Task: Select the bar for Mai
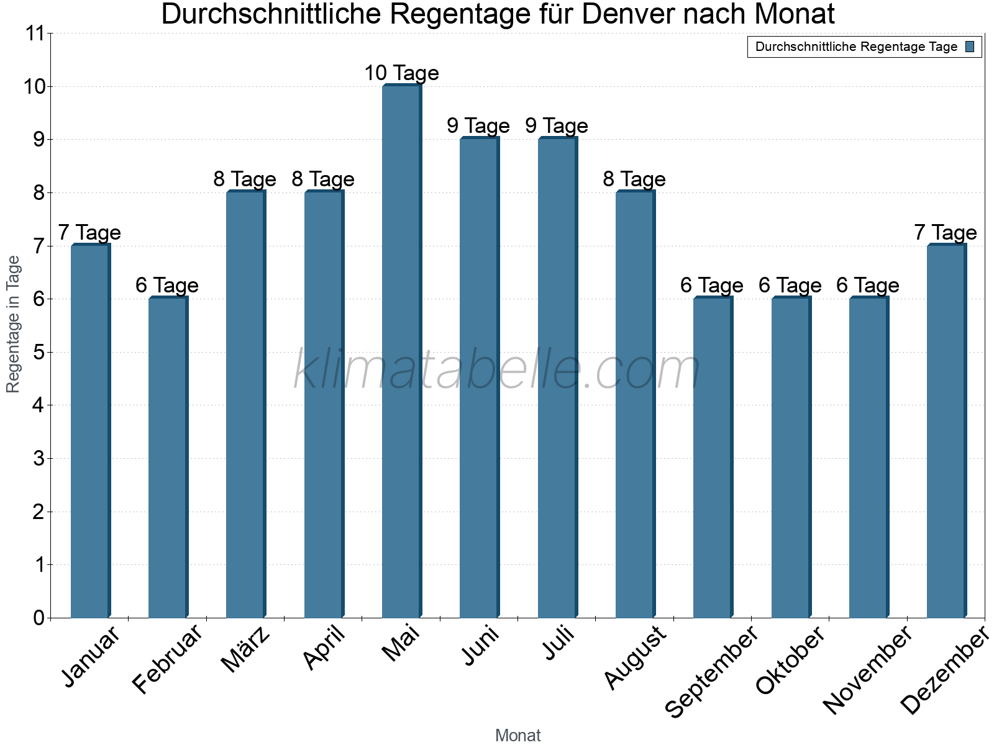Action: pos(401,351)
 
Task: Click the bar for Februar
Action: pos(168,458)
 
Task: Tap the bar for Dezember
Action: pos(946,431)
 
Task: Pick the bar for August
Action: pos(635,404)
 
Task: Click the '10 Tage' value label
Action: pos(401,73)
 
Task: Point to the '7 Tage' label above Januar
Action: pos(89,233)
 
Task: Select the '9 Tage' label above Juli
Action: pos(557,126)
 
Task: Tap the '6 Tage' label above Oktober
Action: pos(790,286)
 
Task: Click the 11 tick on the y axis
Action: pos(35,34)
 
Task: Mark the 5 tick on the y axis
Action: pos(39,353)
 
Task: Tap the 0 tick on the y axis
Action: pos(39,618)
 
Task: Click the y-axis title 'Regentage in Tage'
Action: pos(14,324)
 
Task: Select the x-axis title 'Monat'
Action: pos(518,736)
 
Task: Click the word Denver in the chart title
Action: pos(629,15)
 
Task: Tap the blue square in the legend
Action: pos(970,47)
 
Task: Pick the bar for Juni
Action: pos(479,378)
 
